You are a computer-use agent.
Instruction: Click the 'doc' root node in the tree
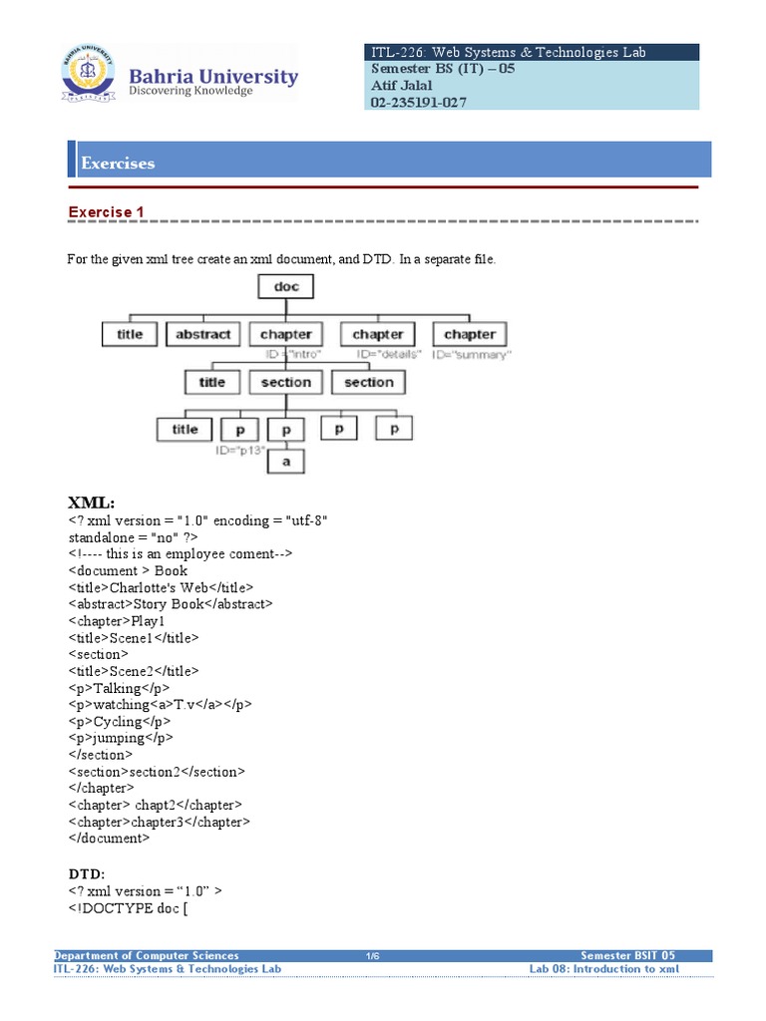pyautogui.click(x=285, y=287)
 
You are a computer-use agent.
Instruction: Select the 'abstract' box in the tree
pyautogui.click(x=202, y=334)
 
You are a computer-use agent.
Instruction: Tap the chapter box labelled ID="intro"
pyautogui.click(x=286, y=334)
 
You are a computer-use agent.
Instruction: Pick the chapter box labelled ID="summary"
pyautogui.click(x=469, y=334)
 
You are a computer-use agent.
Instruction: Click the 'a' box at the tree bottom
pyautogui.click(x=285, y=462)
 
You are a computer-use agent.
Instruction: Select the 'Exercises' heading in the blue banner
pyautogui.click(x=118, y=163)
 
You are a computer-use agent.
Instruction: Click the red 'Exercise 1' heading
pyautogui.click(x=107, y=211)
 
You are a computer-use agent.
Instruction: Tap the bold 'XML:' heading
pyautogui.click(x=92, y=502)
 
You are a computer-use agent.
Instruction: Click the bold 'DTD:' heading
pyautogui.click(x=87, y=873)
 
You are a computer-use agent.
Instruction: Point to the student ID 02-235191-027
pyautogui.click(x=418, y=102)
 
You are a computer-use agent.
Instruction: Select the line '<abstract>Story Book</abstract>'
pyautogui.click(x=171, y=604)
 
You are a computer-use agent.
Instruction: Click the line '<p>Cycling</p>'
pyautogui.click(x=121, y=721)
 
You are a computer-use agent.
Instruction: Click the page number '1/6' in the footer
pyautogui.click(x=373, y=955)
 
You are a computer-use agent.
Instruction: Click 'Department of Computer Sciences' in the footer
pyautogui.click(x=147, y=955)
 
